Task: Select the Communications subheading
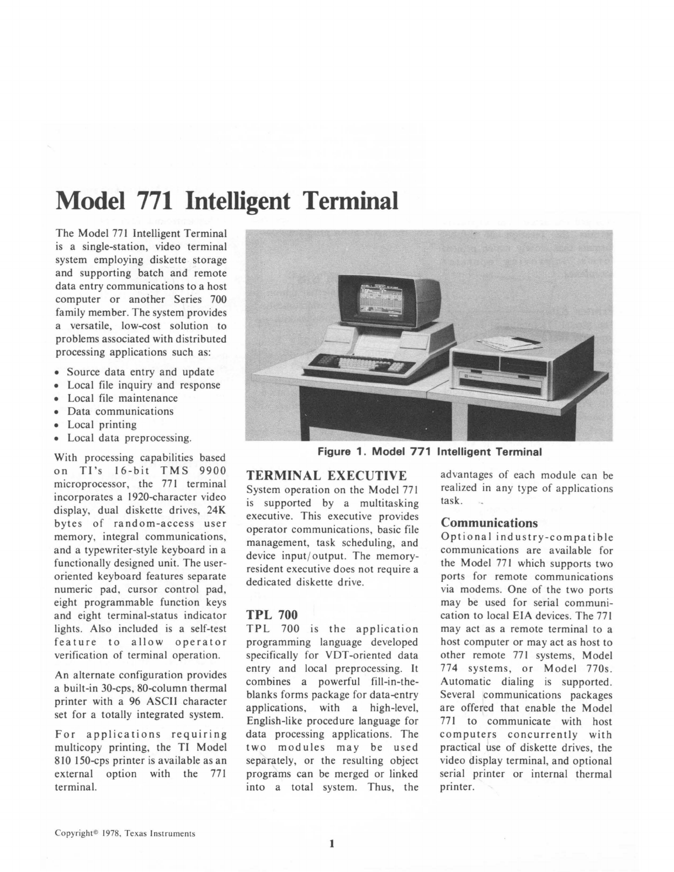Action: [x=489, y=523]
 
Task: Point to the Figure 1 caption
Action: [x=429, y=452]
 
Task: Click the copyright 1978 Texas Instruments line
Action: [x=125, y=833]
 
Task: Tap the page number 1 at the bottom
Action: [x=331, y=843]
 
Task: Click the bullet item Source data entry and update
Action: [x=140, y=372]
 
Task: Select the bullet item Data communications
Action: [x=120, y=411]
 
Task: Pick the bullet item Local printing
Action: [x=102, y=424]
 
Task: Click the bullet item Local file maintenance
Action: [x=123, y=398]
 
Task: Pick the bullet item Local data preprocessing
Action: [x=129, y=438]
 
